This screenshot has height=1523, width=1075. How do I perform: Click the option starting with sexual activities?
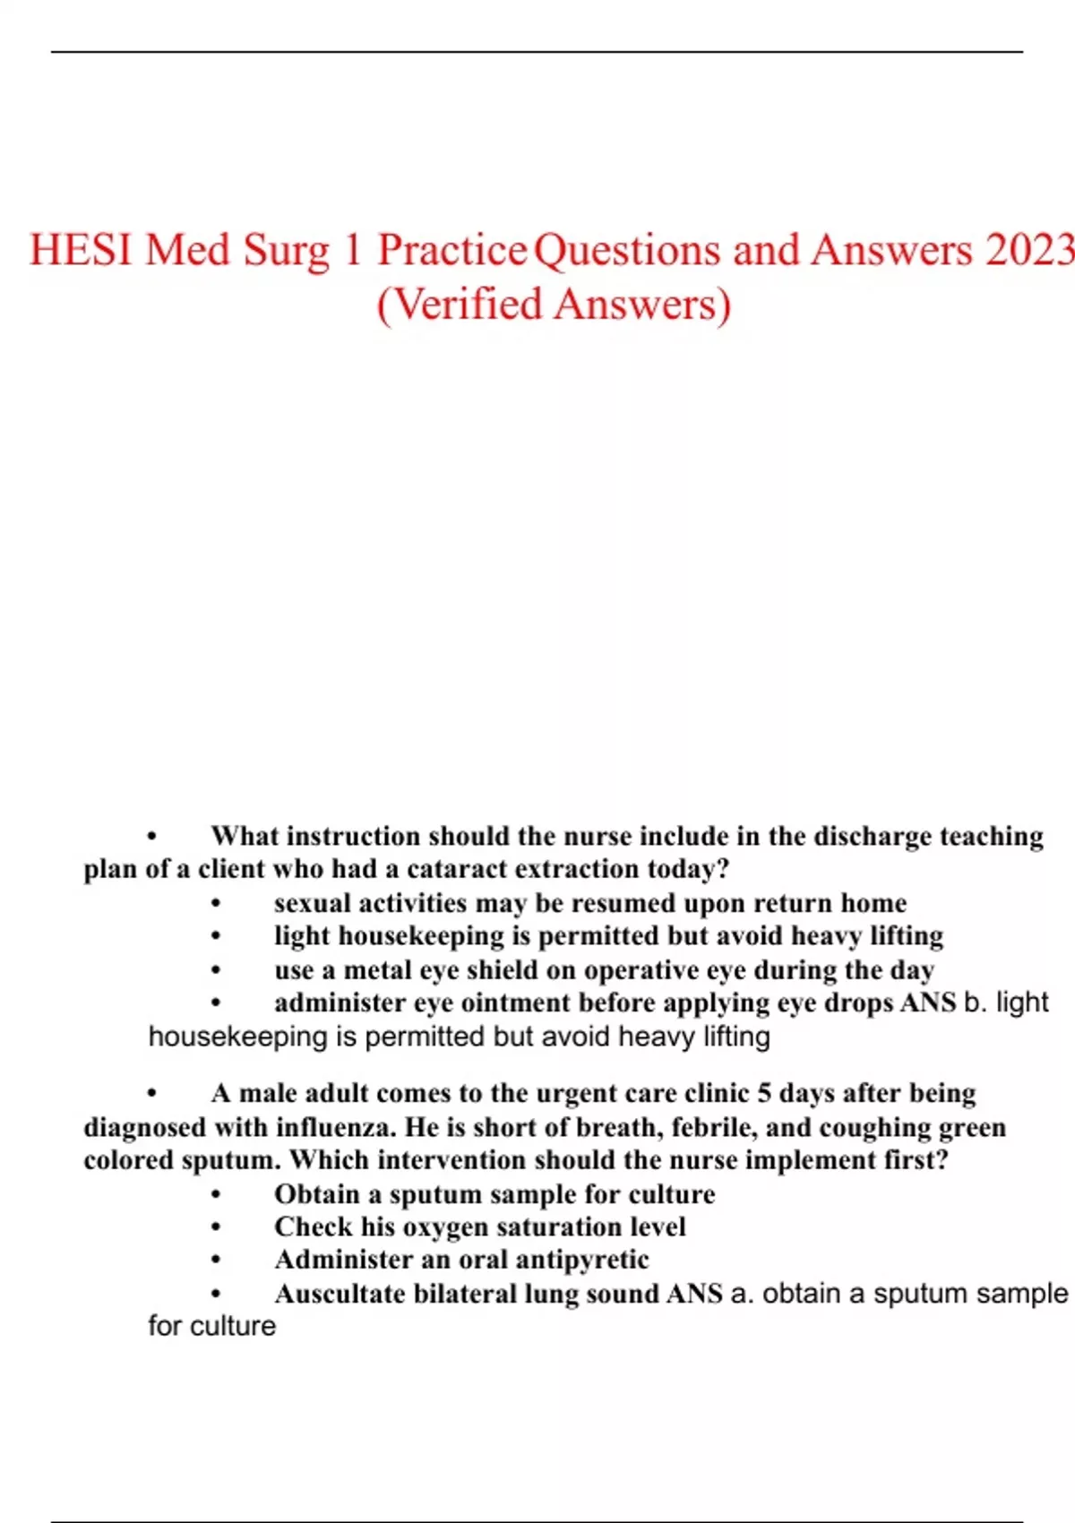click(589, 902)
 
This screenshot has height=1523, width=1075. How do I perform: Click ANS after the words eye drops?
click(928, 1002)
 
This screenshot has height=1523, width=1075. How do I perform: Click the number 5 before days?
click(764, 1094)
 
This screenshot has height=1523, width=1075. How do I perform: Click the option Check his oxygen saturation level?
click(479, 1226)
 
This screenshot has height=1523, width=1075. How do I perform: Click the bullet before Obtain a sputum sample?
click(216, 1195)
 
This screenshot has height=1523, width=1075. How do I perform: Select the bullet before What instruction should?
click(151, 838)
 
